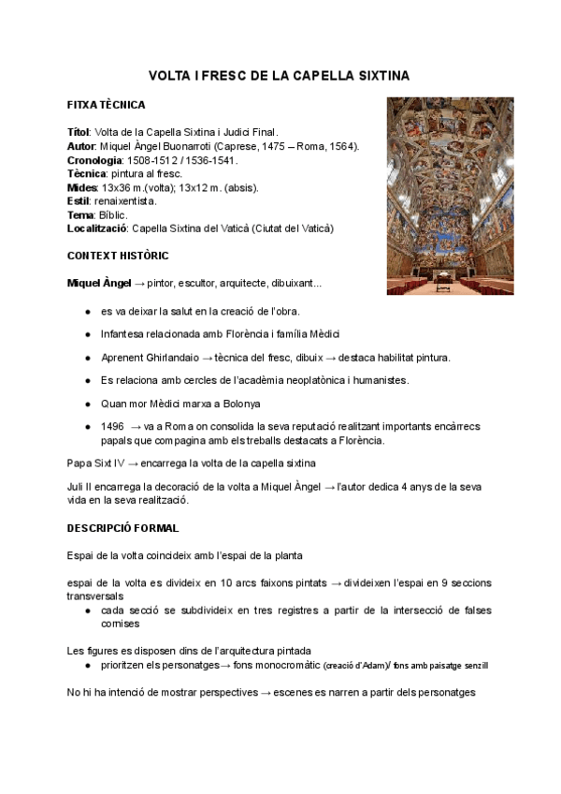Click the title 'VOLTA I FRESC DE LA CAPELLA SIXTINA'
point(280,74)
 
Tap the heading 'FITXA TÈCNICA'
point(106,105)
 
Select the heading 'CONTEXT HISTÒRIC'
point(118,255)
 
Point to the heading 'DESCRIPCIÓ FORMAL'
point(123,528)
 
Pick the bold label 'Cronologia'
point(93,160)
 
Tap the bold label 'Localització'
point(97,228)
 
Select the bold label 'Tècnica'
point(86,173)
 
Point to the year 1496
point(112,425)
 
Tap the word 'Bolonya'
point(210,403)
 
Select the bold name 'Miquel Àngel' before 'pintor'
point(99,283)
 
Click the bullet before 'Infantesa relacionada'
point(87,334)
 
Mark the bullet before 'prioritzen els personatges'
point(87,666)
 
